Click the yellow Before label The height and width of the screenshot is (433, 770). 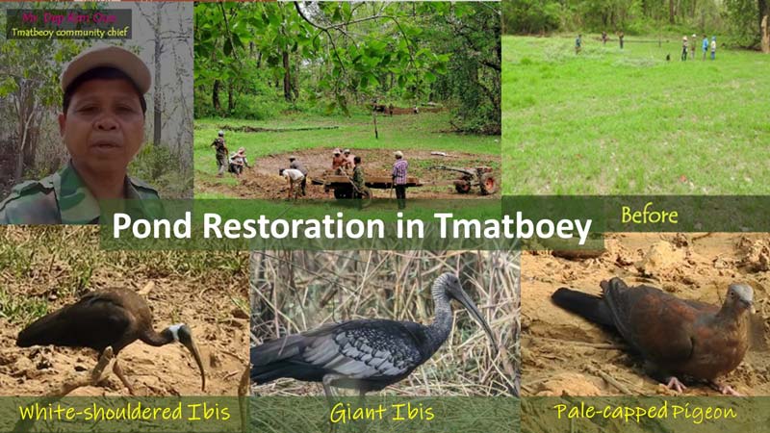coord(649,214)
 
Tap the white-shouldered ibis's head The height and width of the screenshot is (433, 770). coord(179,335)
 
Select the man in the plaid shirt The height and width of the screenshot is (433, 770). coord(399,173)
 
